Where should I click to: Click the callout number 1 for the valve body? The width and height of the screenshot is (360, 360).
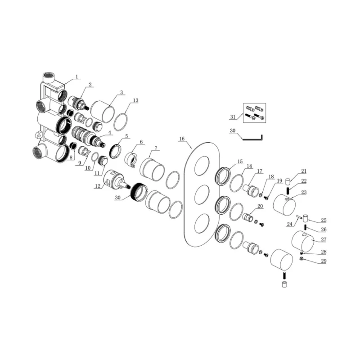77,76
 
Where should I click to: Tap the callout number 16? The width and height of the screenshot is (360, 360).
182,139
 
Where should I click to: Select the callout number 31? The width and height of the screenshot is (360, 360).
233,117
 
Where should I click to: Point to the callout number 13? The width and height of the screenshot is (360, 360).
136,100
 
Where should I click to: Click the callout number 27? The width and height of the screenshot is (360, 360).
324,239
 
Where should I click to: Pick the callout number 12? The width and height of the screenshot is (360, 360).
98,186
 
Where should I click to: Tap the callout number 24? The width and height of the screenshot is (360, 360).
289,224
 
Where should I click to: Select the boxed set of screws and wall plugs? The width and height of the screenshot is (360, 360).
255,113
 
